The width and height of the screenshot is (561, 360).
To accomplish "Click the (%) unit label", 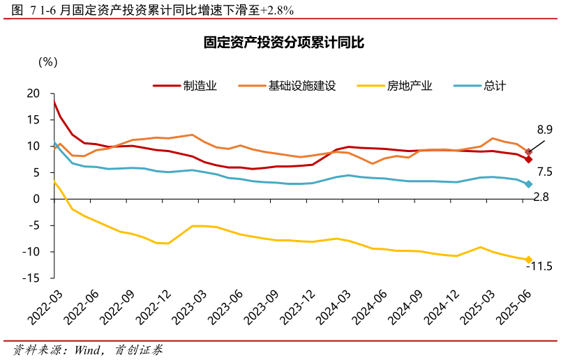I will pos(47,61).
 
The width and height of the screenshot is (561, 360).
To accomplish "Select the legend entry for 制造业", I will pos(186,86).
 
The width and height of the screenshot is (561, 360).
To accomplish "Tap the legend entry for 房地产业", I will pos(395,86).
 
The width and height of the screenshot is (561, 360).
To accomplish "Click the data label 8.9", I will pos(544,130).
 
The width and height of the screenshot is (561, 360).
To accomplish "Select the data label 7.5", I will pos(544,172).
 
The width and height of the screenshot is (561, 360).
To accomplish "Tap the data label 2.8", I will pos(541,197).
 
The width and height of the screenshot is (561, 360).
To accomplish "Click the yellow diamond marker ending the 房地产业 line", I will pos(528,260).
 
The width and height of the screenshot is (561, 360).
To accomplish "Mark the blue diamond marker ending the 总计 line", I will pos(528,184).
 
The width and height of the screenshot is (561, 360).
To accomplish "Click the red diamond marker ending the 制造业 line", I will pos(528,159).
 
